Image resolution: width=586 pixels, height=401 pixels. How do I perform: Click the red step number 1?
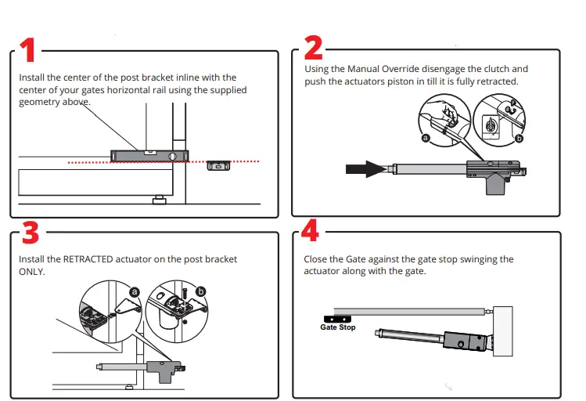point(27,51)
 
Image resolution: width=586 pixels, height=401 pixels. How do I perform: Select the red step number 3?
point(29,233)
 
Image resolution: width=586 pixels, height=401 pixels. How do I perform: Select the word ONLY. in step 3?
point(32,272)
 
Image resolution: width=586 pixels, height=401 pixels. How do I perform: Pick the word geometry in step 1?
point(40,102)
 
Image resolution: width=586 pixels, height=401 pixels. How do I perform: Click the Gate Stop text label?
point(337,327)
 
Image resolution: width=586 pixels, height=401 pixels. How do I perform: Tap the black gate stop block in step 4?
point(337,319)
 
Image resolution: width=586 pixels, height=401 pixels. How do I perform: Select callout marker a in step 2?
point(426,138)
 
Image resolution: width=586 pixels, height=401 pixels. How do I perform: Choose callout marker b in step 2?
point(519,138)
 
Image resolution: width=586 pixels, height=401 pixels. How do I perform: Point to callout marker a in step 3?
point(135,291)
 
